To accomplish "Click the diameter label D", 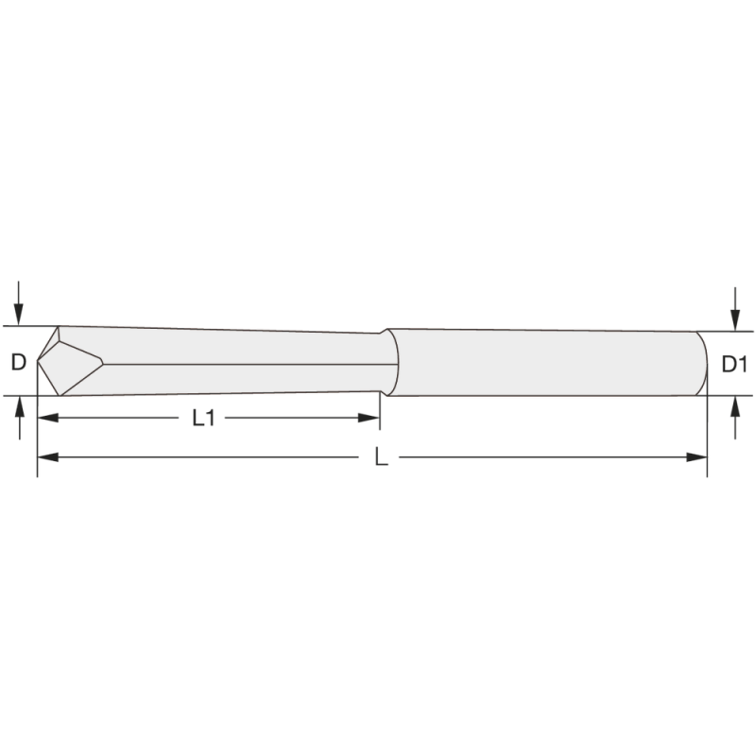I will [x=18, y=362].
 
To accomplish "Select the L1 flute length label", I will [x=203, y=418].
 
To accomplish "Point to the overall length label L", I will [x=381, y=457].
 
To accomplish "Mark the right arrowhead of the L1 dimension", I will [x=370, y=417].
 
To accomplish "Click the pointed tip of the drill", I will [x=39, y=362].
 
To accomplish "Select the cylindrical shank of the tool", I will [x=548, y=363].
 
